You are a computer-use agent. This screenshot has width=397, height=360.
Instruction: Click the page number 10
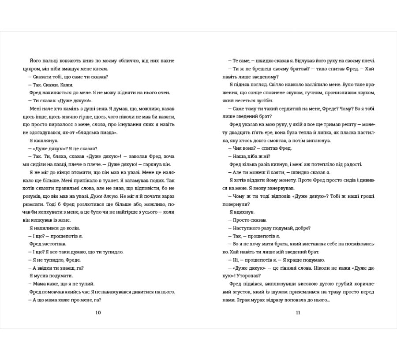click(x=98, y=313)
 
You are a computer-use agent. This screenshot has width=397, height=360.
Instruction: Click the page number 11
click(x=298, y=313)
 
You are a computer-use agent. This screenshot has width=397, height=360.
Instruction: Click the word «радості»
click(x=352, y=164)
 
